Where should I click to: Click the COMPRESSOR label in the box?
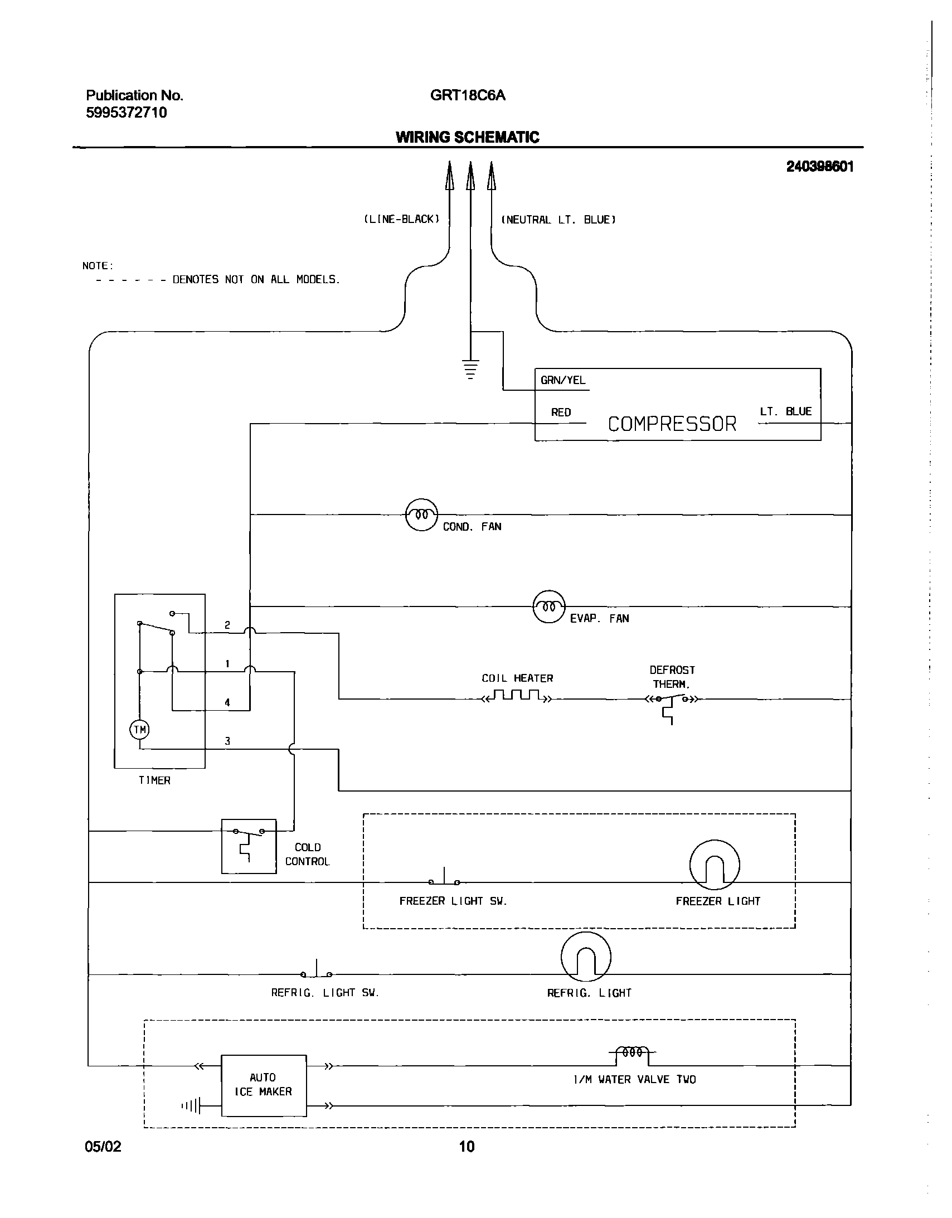coord(672,424)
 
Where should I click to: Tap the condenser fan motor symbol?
coord(421,515)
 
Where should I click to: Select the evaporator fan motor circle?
coord(550,606)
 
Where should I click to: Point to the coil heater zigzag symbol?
coord(517,696)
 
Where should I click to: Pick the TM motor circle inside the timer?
coord(139,730)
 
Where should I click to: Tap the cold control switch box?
coord(249,846)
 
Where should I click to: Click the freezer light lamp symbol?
coord(715,865)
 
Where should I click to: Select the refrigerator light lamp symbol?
coord(586,957)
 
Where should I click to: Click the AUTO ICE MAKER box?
coord(263,1085)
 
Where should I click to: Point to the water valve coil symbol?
coord(633,1052)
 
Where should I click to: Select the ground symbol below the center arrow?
coord(470,368)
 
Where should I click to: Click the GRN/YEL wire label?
coord(563,380)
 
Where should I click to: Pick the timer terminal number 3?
coord(227,741)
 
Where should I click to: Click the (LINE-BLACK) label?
coord(401,219)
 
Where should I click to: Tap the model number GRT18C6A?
coord(467,95)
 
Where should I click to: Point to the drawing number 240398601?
coord(819,166)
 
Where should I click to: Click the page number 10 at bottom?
coord(467,1147)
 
